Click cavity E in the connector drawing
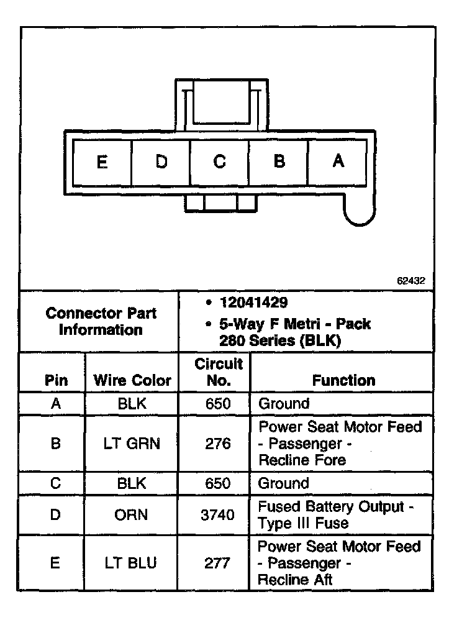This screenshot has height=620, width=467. point(102,162)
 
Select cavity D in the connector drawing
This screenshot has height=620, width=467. point(161,162)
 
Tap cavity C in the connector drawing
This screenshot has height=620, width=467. point(219,162)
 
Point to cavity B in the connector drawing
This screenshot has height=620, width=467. point(279,162)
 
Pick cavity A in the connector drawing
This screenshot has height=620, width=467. point(338,162)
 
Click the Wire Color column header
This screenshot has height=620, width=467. point(132,380)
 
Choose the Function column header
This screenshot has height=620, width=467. point(343,380)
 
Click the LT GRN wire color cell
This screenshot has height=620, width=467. point(132,444)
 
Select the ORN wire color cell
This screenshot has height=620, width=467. point(132,515)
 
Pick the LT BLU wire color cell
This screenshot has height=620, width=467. point(132,563)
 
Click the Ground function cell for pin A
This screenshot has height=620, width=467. point(284,404)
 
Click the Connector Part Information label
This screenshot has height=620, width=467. point(101,321)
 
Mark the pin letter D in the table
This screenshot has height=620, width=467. point(55,515)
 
